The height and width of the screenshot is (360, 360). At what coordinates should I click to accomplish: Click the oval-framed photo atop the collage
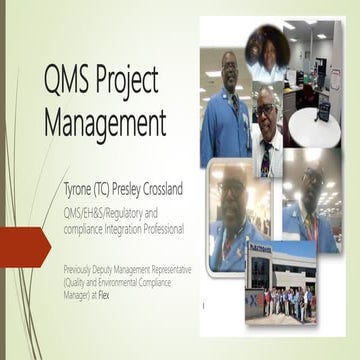264,47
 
